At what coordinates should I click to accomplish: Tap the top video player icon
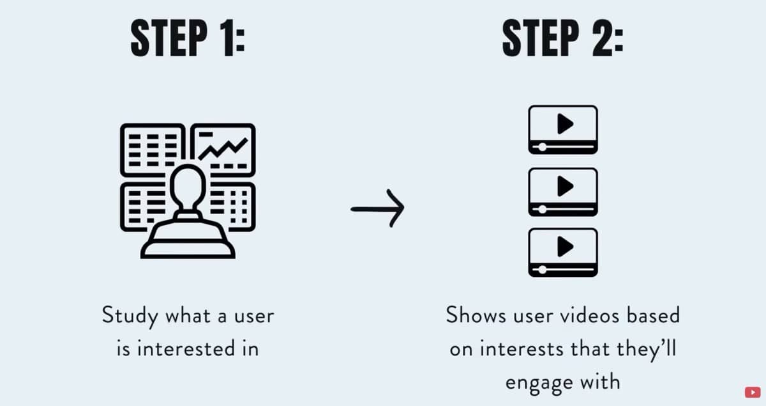pyautogui.click(x=562, y=129)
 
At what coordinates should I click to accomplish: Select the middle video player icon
pyautogui.click(x=562, y=191)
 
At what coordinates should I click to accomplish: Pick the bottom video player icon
pyautogui.click(x=562, y=252)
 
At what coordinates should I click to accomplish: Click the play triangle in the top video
pyautogui.click(x=564, y=124)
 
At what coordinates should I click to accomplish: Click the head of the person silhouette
pyautogui.click(x=188, y=185)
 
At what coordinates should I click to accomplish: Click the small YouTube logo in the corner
pyautogui.click(x=753, y=391)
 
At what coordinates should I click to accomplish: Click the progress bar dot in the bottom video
pyautogui.click(x=543, y=269)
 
